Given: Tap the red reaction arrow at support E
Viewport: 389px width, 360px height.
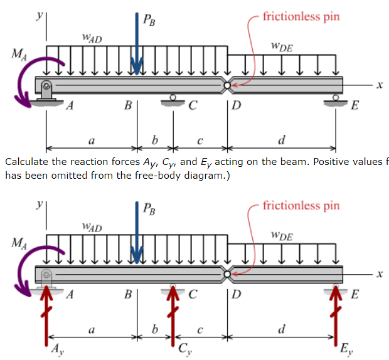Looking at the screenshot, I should tap(336, 317).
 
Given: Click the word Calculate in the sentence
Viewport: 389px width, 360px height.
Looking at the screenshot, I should tap(26, 162).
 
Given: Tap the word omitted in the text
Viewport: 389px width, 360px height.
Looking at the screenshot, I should tap(62, 175).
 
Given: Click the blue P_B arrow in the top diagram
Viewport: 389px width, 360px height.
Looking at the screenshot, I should tap(137, 44).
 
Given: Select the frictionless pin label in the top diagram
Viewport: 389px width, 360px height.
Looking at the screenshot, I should tap(301, 16).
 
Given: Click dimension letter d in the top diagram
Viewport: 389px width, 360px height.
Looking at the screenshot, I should tap(282, 139).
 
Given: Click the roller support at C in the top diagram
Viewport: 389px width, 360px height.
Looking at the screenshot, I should tap(173, 100).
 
